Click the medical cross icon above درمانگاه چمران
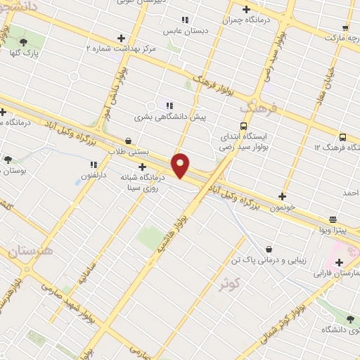(246, 9)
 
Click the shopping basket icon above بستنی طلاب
(127, 141)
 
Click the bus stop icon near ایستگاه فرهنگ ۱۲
(342, 138)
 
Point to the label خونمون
(282, 208)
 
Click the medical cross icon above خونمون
(283, 197)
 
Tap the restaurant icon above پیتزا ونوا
(333, 219)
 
